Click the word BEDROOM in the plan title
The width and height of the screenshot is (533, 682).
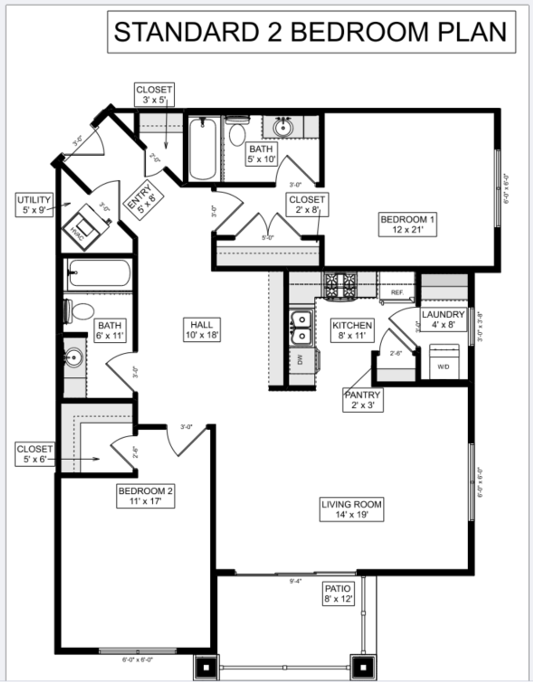(359, 32)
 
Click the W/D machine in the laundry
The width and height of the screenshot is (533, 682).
(443, 362)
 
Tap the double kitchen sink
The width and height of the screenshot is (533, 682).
(301, 327)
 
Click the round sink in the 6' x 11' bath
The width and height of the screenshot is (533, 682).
(74, 357)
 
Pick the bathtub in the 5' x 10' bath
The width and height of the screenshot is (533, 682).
(203, 149)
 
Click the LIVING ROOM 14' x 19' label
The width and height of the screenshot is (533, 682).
(351, 509)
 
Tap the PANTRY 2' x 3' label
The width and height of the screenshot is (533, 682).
(362, 400)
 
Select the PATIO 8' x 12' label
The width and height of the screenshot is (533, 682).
(338, 593)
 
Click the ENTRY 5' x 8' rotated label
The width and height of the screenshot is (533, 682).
(142, 201)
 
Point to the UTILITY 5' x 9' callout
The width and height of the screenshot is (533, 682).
(34, 205)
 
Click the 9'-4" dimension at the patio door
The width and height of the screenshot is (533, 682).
(295, 581)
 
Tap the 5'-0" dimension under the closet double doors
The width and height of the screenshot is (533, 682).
(268, 238)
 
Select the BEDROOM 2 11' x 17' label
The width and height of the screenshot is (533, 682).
(145, 496)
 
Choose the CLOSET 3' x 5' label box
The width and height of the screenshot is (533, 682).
(154, 94)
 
